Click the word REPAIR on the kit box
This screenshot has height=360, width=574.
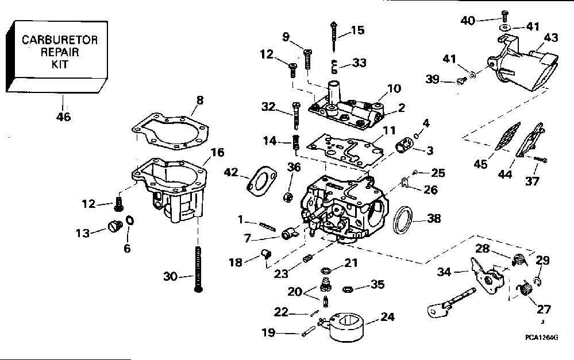(60, 52)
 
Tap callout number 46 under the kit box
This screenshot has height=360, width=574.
(63, 117)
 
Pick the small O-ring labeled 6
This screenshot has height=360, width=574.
(130, 222)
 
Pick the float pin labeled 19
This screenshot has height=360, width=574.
(309, 331)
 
